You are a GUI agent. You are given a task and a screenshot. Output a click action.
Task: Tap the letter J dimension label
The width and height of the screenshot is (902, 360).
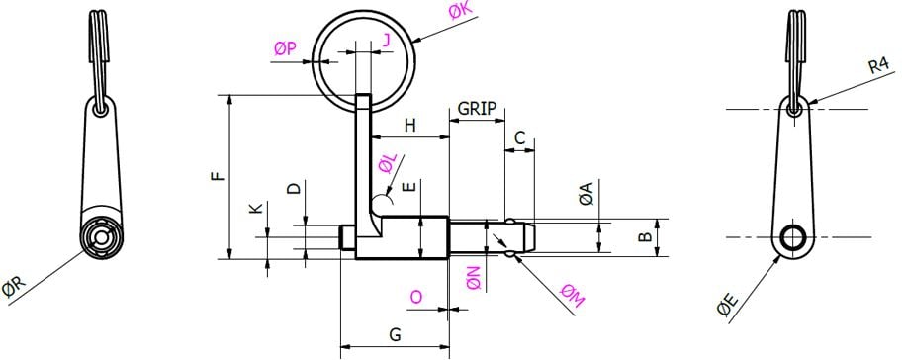[385, 39]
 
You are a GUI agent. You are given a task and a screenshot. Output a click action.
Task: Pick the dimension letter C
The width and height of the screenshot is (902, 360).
[520, 139]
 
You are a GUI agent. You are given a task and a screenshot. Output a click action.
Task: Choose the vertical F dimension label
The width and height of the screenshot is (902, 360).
[219, 176]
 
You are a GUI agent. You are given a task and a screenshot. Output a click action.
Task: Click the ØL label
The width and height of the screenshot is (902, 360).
[388, 160]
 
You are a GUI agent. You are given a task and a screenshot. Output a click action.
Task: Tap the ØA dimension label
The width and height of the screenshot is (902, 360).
[586, 195]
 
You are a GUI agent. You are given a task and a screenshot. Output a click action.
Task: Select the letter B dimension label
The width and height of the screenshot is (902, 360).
[644, 237]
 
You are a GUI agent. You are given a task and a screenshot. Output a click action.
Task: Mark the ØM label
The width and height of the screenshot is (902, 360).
[571, 293]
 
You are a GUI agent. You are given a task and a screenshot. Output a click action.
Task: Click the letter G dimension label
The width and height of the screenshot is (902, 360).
[395, 334]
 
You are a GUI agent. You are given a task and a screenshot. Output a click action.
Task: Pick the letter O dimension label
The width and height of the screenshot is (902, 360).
[416, 297]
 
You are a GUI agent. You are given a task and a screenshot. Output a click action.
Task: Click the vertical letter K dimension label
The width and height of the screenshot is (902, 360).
[255, 210]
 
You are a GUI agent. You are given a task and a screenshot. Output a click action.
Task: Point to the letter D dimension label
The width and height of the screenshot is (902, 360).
[293, 188]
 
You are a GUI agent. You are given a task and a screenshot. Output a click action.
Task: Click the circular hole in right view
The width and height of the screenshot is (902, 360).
[793, 237]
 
